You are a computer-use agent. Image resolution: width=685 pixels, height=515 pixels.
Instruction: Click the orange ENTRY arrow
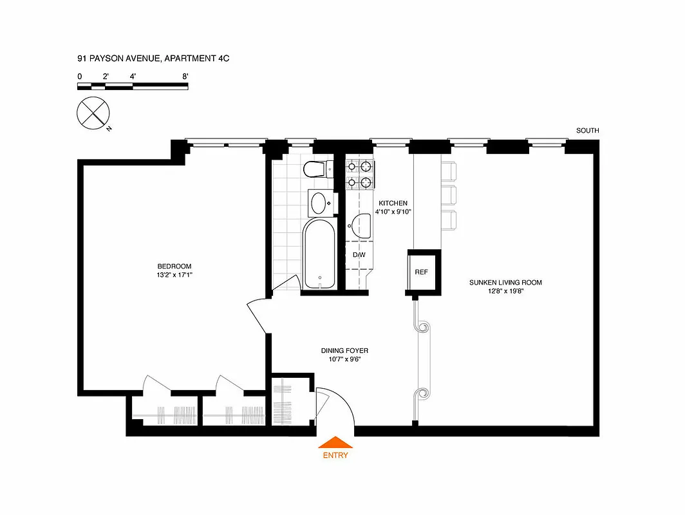pyautogui.click(x=335, y=442)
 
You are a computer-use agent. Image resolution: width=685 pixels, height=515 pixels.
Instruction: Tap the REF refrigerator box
pyautogui.click(x=421, y=272)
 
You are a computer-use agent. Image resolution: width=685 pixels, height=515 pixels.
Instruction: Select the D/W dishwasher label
pyautogui.click(x=359, y=255)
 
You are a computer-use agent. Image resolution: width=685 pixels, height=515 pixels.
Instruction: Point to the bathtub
pyautogui.click(x=319, y=254)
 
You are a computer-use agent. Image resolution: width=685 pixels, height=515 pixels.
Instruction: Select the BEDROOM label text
pyautogui.click(x=174, y=267)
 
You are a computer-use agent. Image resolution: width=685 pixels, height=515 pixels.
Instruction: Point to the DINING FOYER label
pyautogui.click(x=344, y=351)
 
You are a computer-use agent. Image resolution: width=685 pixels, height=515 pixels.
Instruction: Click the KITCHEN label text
pyautogui.click(x=393, y=203)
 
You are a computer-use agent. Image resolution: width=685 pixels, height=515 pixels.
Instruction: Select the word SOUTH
pyautogui.click(x=587, y=131)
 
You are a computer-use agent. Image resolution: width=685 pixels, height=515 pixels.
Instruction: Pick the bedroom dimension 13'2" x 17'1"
pyautogui.click(x=174, y=276)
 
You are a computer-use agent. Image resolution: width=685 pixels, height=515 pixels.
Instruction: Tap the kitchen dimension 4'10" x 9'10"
pyautogui.click(x=393, y=211)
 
